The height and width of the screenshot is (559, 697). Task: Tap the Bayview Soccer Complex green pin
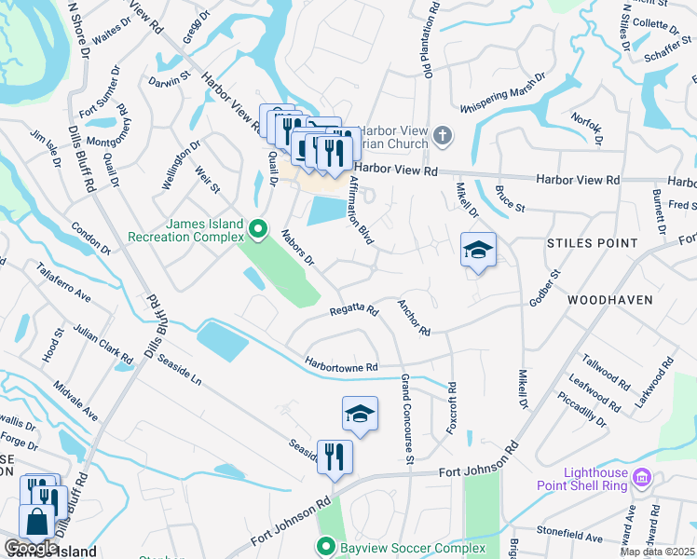(325, 546)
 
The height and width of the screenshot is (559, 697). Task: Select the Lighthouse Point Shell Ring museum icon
(640, 478)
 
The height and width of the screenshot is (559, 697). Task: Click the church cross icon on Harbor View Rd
(443, 137)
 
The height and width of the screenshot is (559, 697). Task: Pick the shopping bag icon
(38, 525)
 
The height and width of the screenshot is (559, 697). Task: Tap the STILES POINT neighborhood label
(593, 243)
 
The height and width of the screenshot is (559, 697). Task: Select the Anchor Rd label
(414, 318)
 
